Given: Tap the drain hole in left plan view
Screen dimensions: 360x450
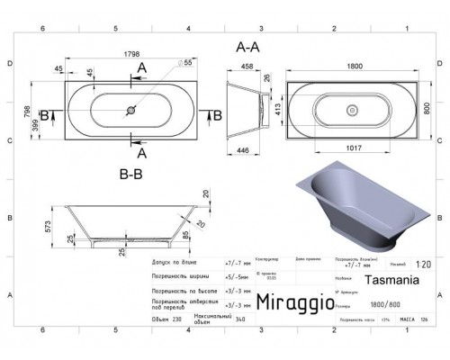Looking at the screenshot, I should (x=131, y=112).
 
